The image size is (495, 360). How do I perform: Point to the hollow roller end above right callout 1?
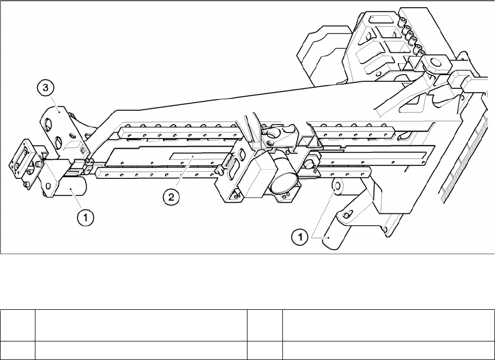point(337,187)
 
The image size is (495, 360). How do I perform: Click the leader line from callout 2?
point(182,175)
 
